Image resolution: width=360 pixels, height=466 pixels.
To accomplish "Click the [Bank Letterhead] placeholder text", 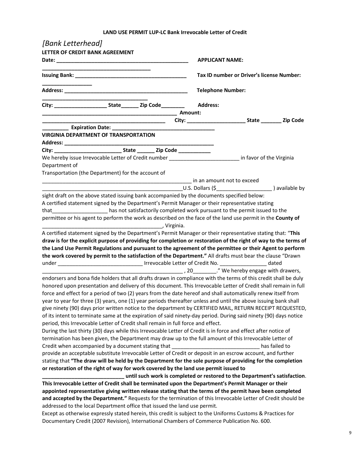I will pos(72,43).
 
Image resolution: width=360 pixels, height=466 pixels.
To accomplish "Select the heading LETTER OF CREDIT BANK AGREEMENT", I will pos(88,52).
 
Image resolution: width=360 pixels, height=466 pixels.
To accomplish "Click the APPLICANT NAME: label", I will pos(221,60).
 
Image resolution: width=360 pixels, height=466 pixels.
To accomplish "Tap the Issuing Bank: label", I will pos(58,75).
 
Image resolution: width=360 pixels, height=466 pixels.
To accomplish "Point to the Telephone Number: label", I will pos(221,90).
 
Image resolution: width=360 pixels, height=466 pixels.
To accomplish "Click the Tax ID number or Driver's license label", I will pos(249,75).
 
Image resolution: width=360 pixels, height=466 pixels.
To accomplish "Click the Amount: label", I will pos(190,113).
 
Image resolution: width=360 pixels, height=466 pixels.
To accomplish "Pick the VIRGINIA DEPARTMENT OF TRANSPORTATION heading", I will pos(98,135).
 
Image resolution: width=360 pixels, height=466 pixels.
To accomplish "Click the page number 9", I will pos(350,432).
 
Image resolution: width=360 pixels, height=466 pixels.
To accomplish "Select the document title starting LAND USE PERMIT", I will pos(175,32).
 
